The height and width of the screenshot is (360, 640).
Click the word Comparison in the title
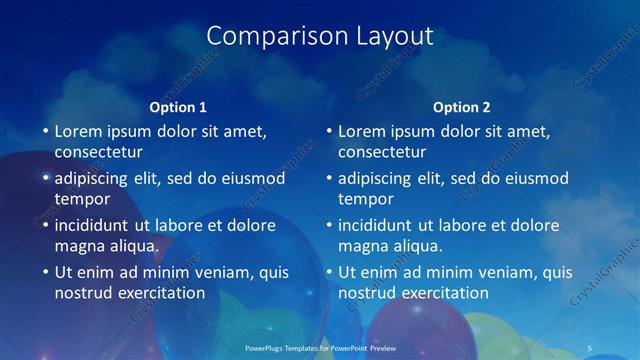(x=268, y=36)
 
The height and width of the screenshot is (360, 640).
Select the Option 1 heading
(x=178, y=107)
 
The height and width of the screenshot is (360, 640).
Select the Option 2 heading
(x=462, y=107)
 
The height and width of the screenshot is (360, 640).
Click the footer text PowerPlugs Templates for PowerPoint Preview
(x=320, y=349)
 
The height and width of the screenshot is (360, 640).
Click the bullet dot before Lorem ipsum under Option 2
(x=329, y=131)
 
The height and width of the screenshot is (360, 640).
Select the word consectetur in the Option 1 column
(x=98, y=152)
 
